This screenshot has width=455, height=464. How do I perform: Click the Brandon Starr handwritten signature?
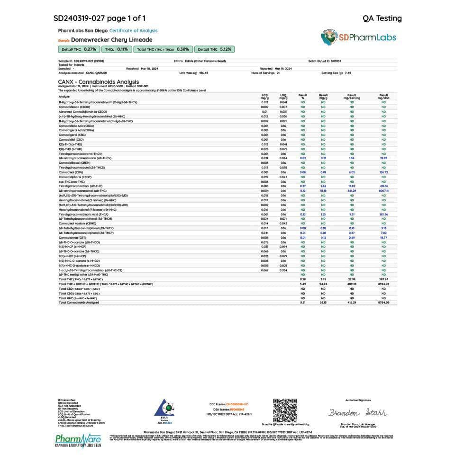(x=358, y=412)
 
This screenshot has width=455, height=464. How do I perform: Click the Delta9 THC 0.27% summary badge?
(x=78, y=49)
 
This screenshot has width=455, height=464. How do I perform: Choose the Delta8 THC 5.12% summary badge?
(x=214, y=49)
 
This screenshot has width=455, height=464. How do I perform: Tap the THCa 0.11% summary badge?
(x=116, y=49)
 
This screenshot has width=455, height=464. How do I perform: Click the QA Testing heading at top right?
(x=382, y=18)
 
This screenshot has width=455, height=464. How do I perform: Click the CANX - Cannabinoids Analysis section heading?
(x=99, y=81)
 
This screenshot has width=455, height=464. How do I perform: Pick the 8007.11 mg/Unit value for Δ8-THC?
(x=383, y=191)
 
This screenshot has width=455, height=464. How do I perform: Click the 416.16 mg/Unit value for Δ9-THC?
(x=383, y=186)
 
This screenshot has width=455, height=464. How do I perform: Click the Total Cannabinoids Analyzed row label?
(x=78, y=303)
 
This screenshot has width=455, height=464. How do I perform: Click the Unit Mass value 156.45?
(x=204, y=73)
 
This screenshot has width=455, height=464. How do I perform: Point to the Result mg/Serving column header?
(x=352, y=96)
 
